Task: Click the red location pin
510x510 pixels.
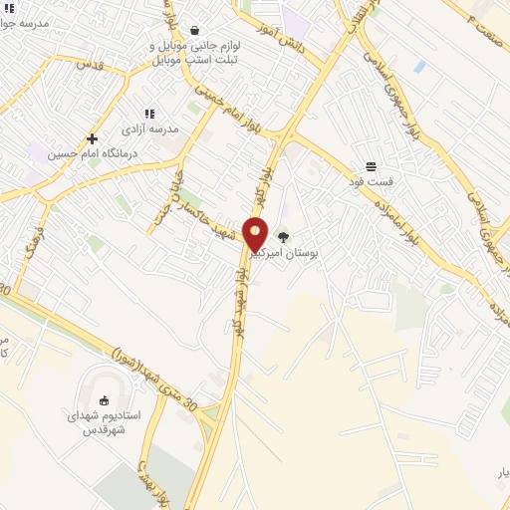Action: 255,233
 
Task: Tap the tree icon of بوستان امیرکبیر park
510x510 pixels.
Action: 285,238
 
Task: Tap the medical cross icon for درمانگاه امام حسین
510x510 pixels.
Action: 92,138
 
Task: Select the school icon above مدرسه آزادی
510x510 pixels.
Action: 150,115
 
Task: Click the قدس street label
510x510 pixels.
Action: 90,64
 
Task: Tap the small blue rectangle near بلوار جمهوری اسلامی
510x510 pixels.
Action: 420,67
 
